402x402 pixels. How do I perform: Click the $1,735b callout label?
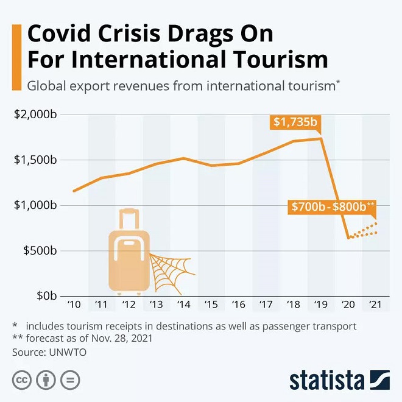295,122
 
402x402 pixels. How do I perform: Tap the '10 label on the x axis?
74,305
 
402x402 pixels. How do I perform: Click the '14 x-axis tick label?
183,305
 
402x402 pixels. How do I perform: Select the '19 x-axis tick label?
320,305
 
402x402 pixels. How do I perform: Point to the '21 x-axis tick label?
375,305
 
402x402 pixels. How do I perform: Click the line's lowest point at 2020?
348,238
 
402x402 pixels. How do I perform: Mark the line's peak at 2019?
321,139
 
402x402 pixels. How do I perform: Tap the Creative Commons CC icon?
23,380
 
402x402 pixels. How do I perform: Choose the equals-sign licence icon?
71,380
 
